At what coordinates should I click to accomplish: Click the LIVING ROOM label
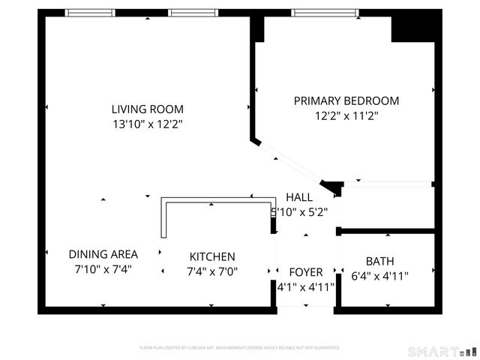click(147, 109)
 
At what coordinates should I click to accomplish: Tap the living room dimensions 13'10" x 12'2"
click(147, 124)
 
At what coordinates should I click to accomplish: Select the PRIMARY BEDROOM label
click(346, 100)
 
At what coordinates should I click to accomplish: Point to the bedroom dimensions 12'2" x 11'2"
click(346, 115)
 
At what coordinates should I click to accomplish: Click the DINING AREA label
click(103, 254)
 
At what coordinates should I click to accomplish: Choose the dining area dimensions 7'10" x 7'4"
click(103, 269)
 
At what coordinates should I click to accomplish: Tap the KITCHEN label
click(211, 256)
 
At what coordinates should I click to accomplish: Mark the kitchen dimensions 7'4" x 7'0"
click(211, 271)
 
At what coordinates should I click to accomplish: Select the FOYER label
click(306, 271)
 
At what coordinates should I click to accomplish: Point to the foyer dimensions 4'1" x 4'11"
click(306, 286)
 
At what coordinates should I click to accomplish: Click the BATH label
click(380, 261)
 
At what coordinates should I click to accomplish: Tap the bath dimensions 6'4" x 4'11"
click(380, 276)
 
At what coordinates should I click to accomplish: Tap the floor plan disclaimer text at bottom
click(240, 348)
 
